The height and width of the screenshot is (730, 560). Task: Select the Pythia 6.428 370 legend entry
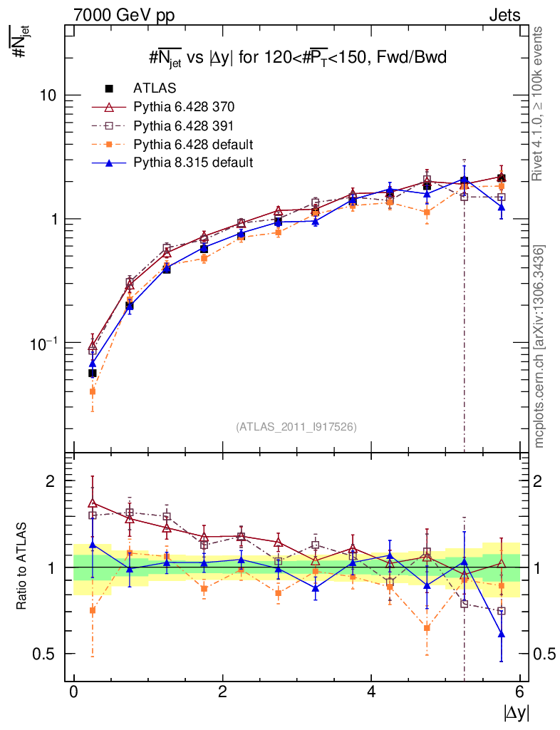184,107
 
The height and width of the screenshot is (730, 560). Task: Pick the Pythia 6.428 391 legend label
184,125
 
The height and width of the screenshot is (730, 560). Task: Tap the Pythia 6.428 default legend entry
193,144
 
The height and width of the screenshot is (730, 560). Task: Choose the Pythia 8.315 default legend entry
193,163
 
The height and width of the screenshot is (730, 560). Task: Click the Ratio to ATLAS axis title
24,567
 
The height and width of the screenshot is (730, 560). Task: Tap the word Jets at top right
504,15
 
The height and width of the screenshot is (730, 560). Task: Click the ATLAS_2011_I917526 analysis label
296,426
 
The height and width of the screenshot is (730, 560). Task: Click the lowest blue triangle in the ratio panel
502,634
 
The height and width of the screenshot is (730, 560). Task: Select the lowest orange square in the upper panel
93,391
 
